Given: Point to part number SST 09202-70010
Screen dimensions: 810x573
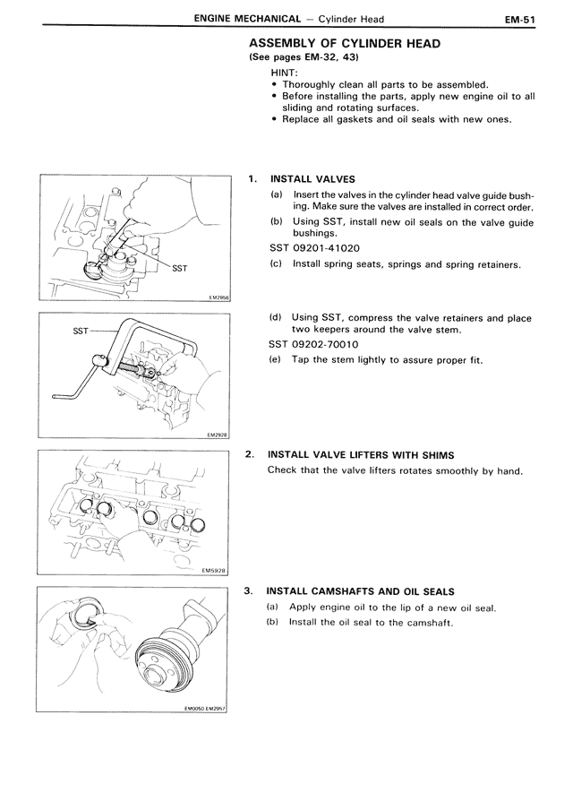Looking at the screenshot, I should (x=314, y=344).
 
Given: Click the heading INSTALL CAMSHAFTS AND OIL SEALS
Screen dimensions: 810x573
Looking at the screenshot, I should (x=361, y=591).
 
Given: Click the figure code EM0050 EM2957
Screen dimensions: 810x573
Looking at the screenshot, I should (x=204, y=706).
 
